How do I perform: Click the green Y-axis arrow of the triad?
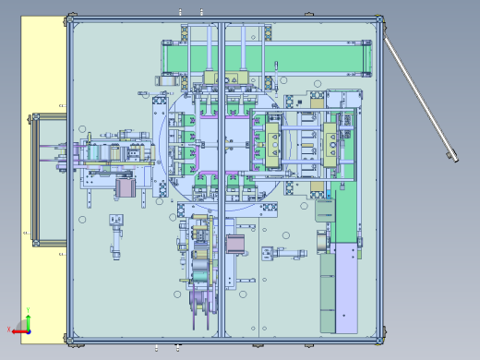click(x=29, y=312)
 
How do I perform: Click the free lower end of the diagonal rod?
click(x=451, y=156)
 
